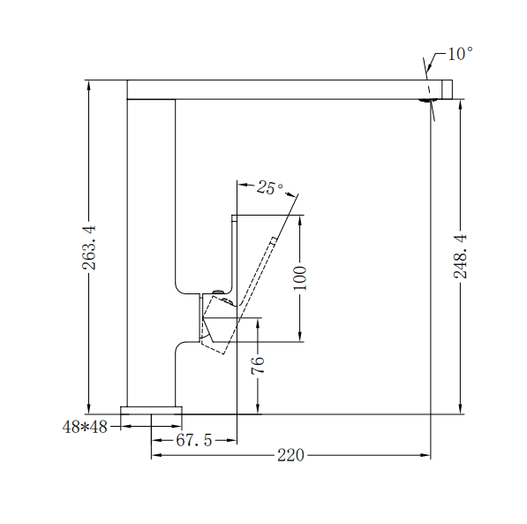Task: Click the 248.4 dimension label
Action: (460, 256)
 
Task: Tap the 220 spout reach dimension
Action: (290, 455)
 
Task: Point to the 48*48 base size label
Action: (85, 427)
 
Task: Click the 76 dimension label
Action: (258, 366)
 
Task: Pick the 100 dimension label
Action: (299, 278)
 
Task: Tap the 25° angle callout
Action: (270, 187)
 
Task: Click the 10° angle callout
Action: (459, 54)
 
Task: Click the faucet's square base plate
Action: (151, 410)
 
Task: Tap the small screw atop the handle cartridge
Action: (217, 292)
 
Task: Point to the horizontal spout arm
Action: (282, 89)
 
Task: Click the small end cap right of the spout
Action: (447, 89)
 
